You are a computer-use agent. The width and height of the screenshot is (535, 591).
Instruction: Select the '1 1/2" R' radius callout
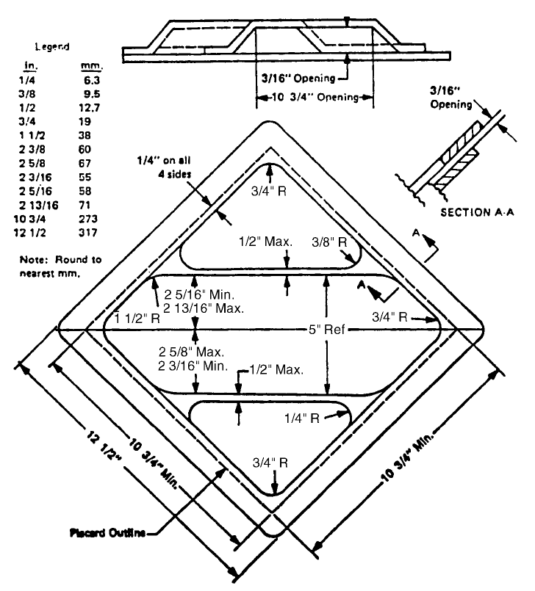[140, 317]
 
